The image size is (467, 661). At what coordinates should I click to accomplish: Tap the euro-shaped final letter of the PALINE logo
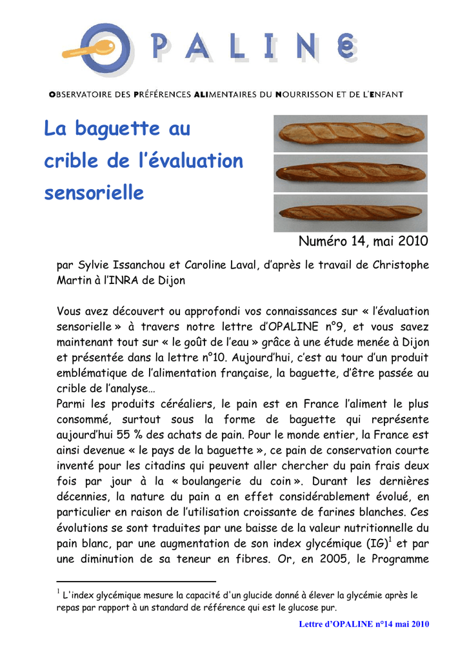tap(345, 48)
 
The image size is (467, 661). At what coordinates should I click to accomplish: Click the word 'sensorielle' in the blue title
tap(94, 192)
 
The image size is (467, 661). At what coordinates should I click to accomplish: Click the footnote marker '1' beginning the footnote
tap(58, 591)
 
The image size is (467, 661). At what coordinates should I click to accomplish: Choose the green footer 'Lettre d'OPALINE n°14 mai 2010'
tap(364, 624)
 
